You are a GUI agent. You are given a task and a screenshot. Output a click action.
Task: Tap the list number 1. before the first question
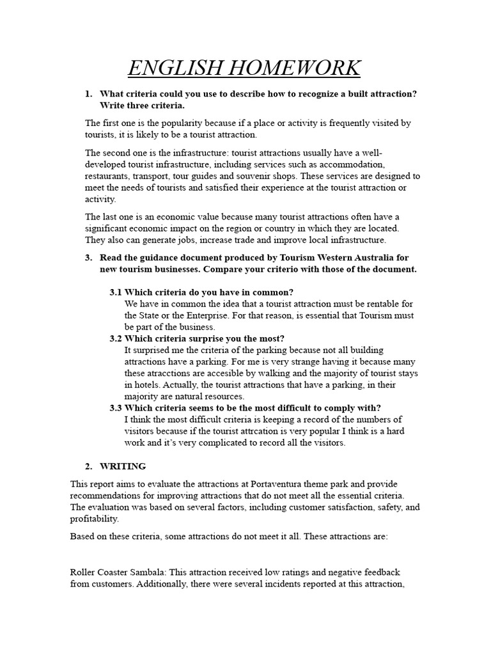click(x=89, y=94)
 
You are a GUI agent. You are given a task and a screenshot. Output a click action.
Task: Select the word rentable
click(x=363, y=303)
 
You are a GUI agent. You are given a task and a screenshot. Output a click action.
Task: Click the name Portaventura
click(x=287, y=484)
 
